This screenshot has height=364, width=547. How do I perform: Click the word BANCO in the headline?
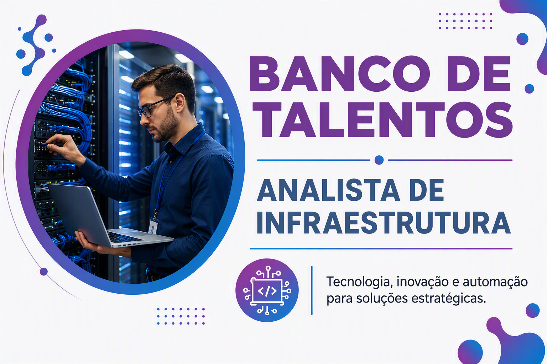pyautogui.click(x=339, y=74)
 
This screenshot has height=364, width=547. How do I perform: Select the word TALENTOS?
pyautogui.click(x=382, y=120)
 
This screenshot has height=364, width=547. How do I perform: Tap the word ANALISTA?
pyautogui.click(x=328, y=190)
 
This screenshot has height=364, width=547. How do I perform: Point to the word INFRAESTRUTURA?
pyautogui.click(x=384, y=223)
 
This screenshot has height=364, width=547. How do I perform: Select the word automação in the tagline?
pyautogui.click(x=495, y=282)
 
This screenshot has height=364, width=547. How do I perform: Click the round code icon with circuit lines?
pyautogui.click(x=267, y=290)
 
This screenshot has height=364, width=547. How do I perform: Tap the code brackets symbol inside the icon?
pyautogui.click(x=267, y=291)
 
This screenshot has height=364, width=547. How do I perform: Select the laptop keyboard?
pyautogui.click(x=123, y=237)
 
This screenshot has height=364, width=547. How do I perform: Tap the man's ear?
pyautogui.click(x=180, y=102)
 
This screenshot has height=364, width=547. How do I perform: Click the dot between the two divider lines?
pyautogui.click(x=379, y=160)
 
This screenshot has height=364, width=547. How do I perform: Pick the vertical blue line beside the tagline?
pyautogui.click(x=312, y=290)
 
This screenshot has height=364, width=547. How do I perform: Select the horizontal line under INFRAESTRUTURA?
pyautogui.click(x=381, y=249)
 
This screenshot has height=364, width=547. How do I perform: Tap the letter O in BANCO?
pyautogui.click(x=412, y=74)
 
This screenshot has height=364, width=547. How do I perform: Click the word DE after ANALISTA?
pyautogui.click(x=426, y=190)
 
